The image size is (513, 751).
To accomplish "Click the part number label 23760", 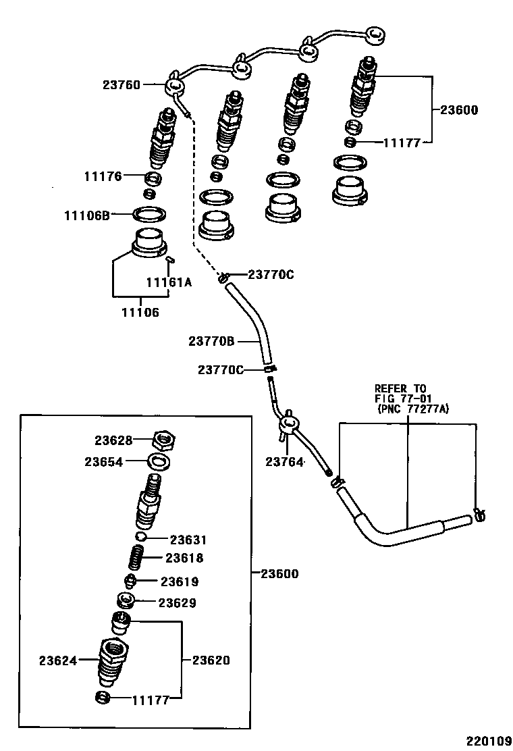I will point(121,85).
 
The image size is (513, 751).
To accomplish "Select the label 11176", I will point(103,177).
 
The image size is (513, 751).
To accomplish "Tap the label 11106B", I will point(86,215).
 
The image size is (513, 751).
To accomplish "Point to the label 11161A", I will point(169,282).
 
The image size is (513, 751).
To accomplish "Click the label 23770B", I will point(211,342).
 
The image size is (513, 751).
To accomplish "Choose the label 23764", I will point(286,462).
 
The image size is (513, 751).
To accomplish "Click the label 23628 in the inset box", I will point(113,440).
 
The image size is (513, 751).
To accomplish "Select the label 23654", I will point(103,462).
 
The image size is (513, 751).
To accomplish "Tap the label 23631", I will point(188,540).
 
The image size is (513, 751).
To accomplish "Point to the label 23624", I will point(57,660).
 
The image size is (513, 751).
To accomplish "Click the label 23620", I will point(211,660).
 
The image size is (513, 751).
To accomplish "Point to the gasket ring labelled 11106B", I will point(150,215).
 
